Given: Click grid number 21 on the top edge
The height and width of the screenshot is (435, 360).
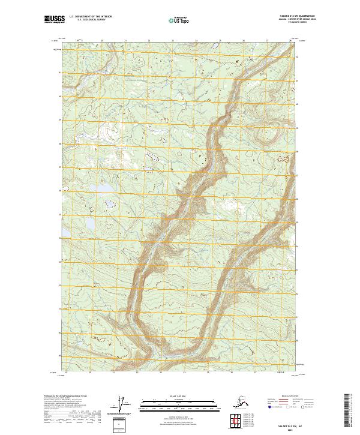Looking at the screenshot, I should (x=125, y=40).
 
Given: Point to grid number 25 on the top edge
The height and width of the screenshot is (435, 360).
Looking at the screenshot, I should (x=220, y=40).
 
